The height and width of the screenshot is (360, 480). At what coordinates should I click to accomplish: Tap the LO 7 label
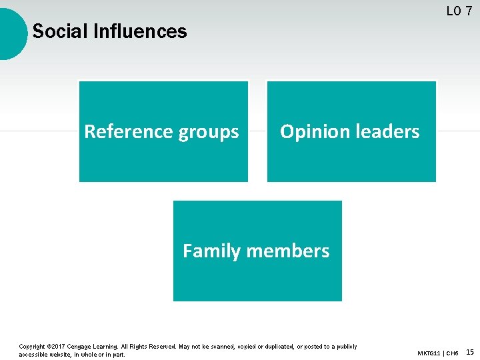459,11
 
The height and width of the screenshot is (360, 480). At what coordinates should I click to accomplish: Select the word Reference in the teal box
121,132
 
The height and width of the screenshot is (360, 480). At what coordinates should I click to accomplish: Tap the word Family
211,251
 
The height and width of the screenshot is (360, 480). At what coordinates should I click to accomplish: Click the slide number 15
470,352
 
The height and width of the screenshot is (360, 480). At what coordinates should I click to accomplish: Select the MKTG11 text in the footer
429,353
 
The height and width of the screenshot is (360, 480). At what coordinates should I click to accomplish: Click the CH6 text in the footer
453,353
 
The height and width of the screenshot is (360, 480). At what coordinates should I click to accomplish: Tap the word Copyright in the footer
32,347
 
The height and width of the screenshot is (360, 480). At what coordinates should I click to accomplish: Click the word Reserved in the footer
160,347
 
